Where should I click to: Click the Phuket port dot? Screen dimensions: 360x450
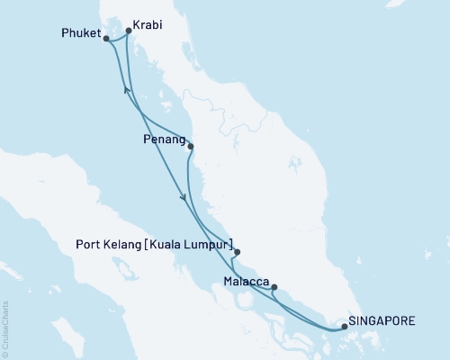click(x=106, y=39)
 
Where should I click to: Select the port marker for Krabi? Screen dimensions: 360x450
click(x=128, y=31)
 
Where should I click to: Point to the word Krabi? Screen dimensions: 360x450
click(x=148, y=26)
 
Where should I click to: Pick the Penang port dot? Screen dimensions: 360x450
click(x=190, y=146)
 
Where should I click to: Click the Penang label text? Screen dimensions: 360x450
click(x=163, y=141)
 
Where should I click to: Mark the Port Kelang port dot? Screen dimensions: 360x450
click(x=237, y=253)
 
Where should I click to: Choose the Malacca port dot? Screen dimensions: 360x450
click(x=274, y=288)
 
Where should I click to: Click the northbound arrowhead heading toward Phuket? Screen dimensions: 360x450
click(x=126, y=91)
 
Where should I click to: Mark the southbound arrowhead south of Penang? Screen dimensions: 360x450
click(x=184, y=198)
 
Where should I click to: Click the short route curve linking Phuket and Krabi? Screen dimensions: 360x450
click(x=117, y=40)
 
